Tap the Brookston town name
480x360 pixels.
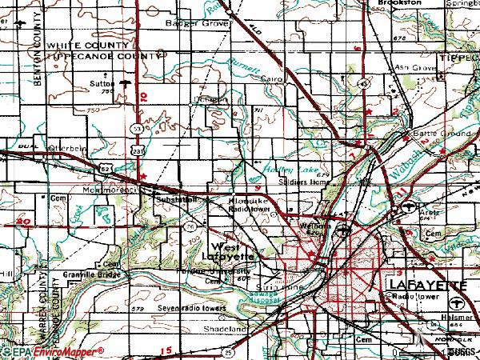point(401,4)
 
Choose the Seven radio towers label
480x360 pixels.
point(167,308)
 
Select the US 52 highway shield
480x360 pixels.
point(106,168)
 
